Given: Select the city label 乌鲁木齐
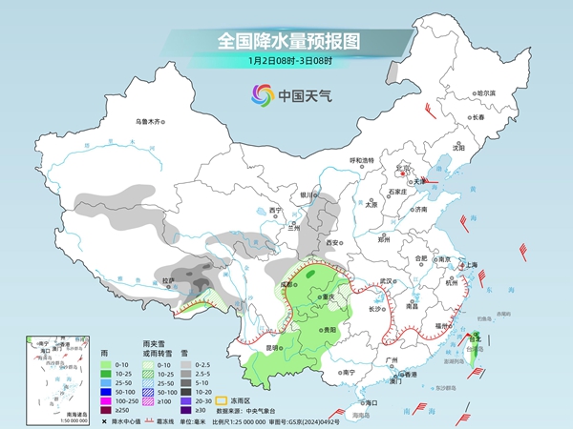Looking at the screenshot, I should (150, 121).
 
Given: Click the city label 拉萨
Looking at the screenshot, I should (168, 280).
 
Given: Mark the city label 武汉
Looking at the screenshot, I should (386, 280).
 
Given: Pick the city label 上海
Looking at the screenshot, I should (469, 266).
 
